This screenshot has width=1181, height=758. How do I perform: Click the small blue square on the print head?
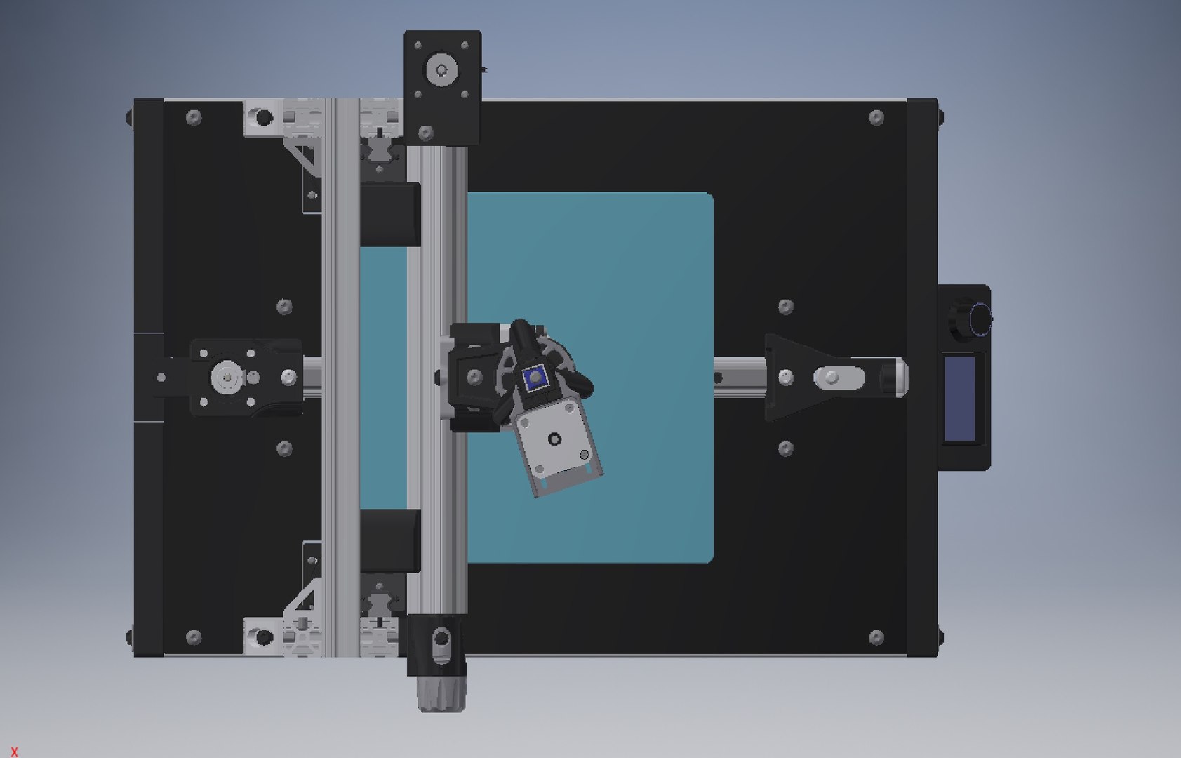535,378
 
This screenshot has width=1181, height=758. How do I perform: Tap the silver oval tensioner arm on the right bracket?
839,378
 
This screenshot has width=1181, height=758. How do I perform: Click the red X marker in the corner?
14,751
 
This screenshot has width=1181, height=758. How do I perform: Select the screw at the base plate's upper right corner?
876,118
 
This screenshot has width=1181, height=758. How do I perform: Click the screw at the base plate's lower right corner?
876,637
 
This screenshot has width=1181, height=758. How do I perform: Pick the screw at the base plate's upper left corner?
194,118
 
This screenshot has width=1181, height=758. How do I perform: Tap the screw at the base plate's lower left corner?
194,637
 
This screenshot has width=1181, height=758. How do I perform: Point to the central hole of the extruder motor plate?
555,439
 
